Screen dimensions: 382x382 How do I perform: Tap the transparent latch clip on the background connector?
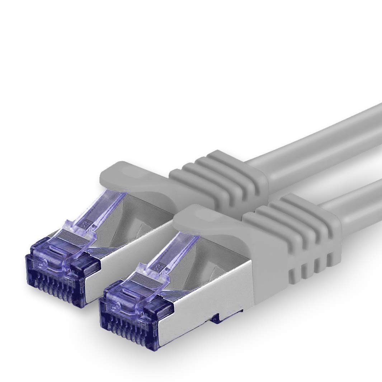click(x=90, y=215)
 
